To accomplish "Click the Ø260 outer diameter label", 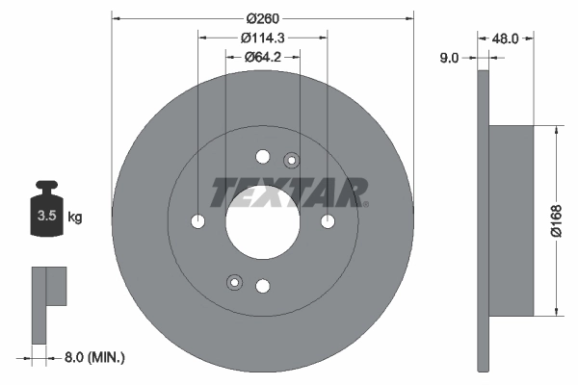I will (263, 18).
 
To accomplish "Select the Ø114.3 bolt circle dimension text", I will (263, 38).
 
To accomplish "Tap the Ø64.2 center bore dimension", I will (263, 57).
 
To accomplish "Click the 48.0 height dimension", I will (506, 39).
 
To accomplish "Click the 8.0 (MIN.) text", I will (93, 358).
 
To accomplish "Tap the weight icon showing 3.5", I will (45, 211).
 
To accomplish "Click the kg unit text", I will (75, 218).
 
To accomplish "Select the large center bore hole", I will (262, 220).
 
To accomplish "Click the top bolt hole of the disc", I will (263, 157).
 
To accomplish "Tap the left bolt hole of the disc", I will (198, 221).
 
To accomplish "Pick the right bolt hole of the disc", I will (328, 221).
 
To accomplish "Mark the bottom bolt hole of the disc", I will (263, 285).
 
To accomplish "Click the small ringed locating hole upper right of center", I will (292, 160).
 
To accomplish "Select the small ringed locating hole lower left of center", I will (233, 281).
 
